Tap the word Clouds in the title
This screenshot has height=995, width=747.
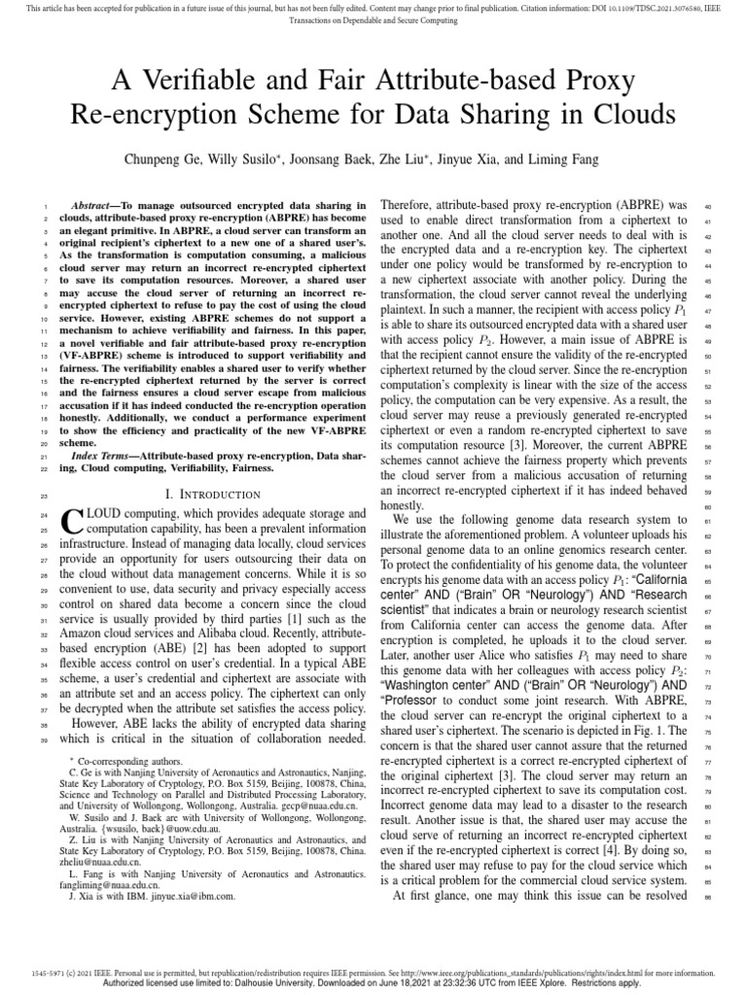(x=625, y=115)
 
